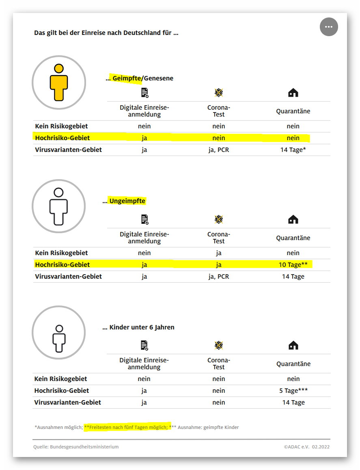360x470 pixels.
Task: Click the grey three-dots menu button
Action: pyautogui.click(x=329, y=27)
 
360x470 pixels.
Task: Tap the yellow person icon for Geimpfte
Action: pyautogui.click(x=59, y=82)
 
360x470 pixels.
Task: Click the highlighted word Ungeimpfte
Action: pyautogui.click(x=127, y=201)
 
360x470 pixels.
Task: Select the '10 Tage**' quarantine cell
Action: pyautogui.click(x=293, y=265)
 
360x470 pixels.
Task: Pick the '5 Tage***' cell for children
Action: pyautogui.click(x=293, y=391)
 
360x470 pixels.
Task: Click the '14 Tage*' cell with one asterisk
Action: pyautogui.click(x=293, y=150)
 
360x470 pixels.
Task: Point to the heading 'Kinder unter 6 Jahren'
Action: pyautogui.click(x=142, y=327)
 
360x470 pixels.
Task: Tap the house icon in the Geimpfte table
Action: pyautogui.click(x=293, y=93)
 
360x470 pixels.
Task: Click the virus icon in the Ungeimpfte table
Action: pyautogui.click(x=219, y=220)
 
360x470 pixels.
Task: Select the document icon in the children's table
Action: pyautogui.click(x=144, y=346)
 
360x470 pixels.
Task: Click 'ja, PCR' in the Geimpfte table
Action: pyautogui.click(x=219, y=150)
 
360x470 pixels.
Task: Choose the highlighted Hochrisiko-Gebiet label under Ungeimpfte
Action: pyautogui.click(x=63, y=265)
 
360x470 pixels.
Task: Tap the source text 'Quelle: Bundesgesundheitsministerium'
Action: pyautogui.click(x=76, y=447)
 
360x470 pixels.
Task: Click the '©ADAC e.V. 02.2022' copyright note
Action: pyautogui.click(x=306, y=447)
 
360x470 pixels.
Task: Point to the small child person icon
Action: pyautogui.click(x=59, y=338)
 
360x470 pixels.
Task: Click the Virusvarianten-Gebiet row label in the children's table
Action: pyautogui.click(x=67, y=403)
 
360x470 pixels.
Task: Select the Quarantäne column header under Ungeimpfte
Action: pyautogui.click(x=293, y=238)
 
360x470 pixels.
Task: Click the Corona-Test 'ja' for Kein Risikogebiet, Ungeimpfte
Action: pyautogui.click(x=219, y=253)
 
